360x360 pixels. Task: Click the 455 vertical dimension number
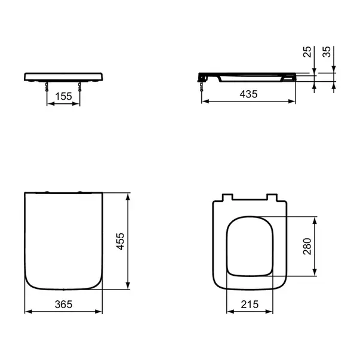[121, 241]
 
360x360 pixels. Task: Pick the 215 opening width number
[249, 304]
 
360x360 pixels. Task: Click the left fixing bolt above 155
[47, 86]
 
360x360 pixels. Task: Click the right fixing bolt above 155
[79, 86]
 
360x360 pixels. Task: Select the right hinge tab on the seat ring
[273, 198]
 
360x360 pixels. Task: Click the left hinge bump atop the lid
[47, 192]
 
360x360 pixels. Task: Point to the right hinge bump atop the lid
[79, 192]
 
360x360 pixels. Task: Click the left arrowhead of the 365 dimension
[27, 311]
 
